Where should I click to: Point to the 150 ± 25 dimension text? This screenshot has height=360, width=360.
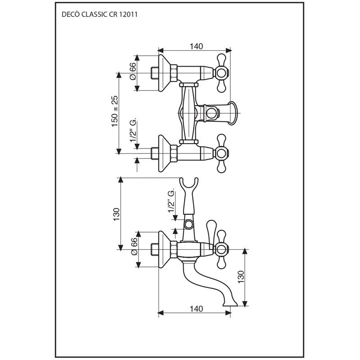(114, 111)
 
